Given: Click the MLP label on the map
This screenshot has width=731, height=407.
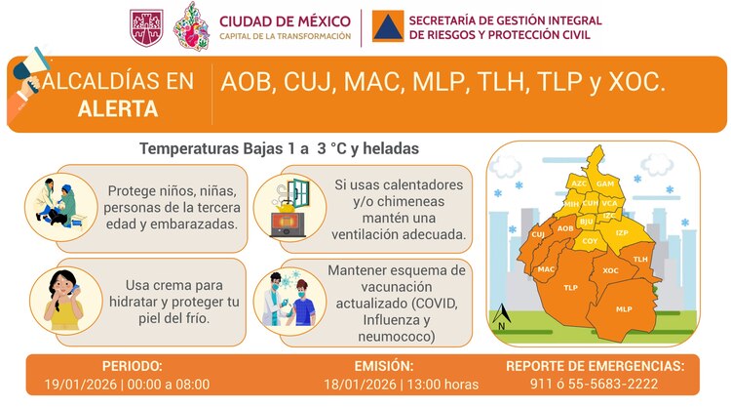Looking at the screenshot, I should coord(624,308).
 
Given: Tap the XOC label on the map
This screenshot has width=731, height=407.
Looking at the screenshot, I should coord(611,270).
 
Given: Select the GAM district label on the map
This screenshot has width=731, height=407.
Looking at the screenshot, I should coord(604,183).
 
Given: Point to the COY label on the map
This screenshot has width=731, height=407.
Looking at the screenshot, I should coord(590,240).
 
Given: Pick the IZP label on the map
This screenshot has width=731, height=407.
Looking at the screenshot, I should coord(622,232).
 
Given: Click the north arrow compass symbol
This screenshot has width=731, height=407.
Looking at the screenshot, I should coord(501,317).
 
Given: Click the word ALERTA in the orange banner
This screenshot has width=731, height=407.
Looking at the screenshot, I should coord(118,109).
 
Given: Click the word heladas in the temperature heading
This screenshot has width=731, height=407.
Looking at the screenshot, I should coord(387,149).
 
